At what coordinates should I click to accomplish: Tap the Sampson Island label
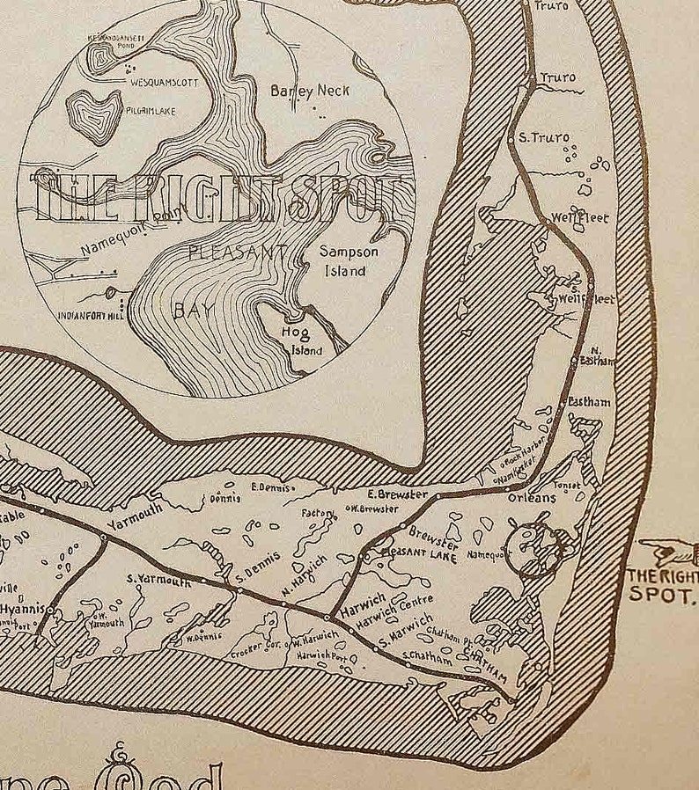coord(349,261)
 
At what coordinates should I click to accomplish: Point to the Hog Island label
coord(300,341)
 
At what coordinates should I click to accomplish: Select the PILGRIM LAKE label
coord(143,111)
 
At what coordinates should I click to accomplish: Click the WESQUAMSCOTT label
coord(165,82)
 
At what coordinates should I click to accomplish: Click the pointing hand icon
coord(667,552)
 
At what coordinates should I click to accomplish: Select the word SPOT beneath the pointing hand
coord(662,595)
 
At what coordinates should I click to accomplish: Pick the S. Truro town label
coord(544,137)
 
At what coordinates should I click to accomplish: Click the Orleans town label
coord(532,498)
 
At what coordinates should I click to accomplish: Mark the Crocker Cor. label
coord(254,648)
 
